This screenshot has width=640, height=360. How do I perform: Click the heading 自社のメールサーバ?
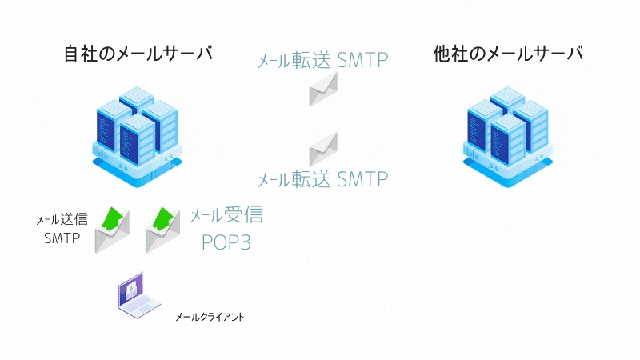click(x=138, y=54)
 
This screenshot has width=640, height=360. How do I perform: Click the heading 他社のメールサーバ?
click(x=508, y=54)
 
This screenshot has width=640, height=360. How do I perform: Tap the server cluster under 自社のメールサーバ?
click(x=137, y=137)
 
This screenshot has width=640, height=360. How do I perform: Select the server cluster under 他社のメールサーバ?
click(x=508, y=137)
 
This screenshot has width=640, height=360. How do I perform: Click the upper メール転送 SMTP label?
click(x=322, y=61)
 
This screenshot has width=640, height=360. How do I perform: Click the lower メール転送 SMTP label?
click(x=322, y=179)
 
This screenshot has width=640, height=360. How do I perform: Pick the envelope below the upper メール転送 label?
click(x=323, y=89)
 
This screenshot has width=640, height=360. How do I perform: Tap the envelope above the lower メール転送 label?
click(x=323, y=149)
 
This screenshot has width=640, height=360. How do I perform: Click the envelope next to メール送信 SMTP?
click(x=112, y=230)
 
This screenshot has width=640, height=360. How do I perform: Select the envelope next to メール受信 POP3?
click(x=163, y=230)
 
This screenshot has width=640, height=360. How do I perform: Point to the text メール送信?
click(x=62, y=219)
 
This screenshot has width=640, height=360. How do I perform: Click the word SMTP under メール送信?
click(x=62, y=238)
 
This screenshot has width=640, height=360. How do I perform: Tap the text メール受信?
click(x=226, y=214)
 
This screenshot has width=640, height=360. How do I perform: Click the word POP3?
click(x=226, y=242)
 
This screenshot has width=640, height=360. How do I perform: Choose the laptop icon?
click(x=139, y=295)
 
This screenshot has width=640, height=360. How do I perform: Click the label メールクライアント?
click(x=210, y=317)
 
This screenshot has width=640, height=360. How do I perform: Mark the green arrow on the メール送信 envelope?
click(x=113, y=218)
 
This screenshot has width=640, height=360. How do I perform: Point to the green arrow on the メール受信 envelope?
click(x=163, y=218)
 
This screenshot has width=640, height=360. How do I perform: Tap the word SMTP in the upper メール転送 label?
click(x=363, y=61)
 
